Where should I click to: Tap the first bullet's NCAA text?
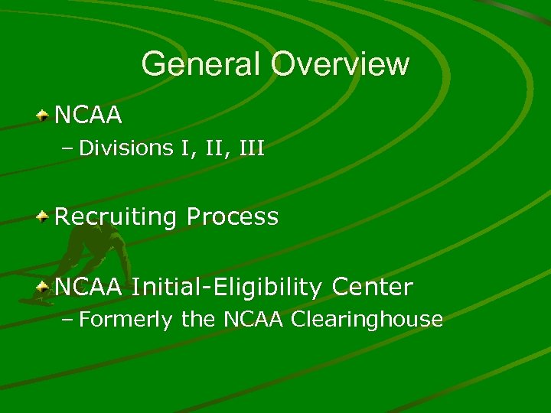coord(89,115)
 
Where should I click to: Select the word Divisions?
coord(126,148)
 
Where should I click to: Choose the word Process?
coord(233,217)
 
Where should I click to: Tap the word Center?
coord(373,288)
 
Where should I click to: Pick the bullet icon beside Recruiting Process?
coord(44,217)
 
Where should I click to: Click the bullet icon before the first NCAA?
coord(44,115)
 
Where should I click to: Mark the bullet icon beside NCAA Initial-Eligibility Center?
coord(44,288)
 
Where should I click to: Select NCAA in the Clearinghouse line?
coord(250,319)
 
